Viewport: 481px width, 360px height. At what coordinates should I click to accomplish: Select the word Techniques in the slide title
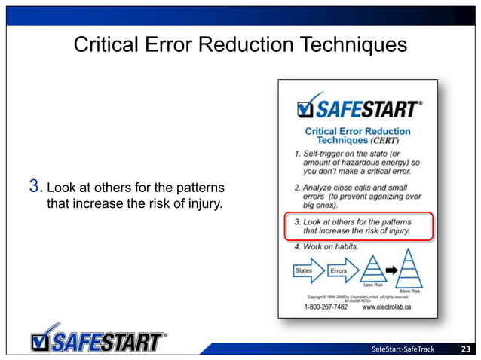pyautogui.click(x=351, y=46)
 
